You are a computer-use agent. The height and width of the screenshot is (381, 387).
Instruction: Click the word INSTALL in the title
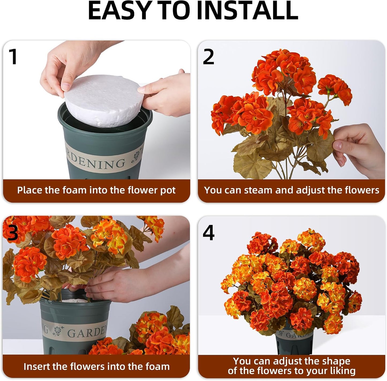(x=247, y=10)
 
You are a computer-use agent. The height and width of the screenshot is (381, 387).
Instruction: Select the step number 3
(x=12, y=233)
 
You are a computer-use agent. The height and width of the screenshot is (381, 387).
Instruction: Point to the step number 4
(x=208, y=233)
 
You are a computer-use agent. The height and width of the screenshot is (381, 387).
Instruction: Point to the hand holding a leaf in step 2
(x=358, y=150)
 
